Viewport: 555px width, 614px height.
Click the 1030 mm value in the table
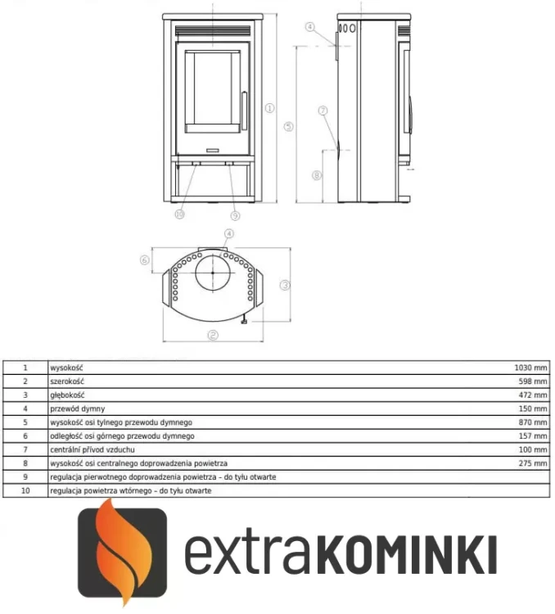530,368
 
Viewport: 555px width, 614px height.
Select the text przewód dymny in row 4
77,409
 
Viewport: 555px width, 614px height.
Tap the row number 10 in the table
25,490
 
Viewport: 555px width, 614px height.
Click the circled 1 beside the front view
268,106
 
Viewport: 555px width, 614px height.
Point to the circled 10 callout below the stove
180,214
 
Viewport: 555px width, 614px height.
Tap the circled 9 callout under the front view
235,215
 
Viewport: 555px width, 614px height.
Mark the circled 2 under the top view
212,335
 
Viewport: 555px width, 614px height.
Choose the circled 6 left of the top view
144,260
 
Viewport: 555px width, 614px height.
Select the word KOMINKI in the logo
405,554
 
